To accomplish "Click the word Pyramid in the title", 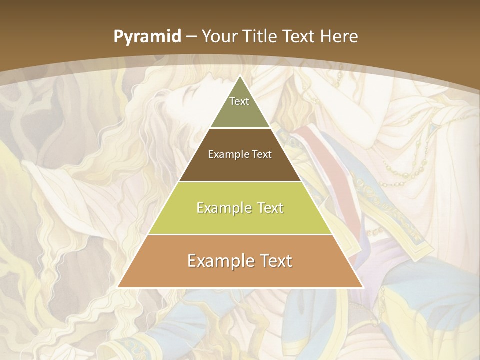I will [x=147, y=37].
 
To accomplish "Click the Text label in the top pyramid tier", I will [x=239, y=101].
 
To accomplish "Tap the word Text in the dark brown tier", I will [x=262, y=154].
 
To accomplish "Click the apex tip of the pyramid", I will [x=240, y=76].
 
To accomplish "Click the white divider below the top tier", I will [x=240, y=128].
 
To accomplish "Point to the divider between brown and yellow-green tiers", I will [x=240, y=181].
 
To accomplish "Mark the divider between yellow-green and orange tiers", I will [x=240, y=234].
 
